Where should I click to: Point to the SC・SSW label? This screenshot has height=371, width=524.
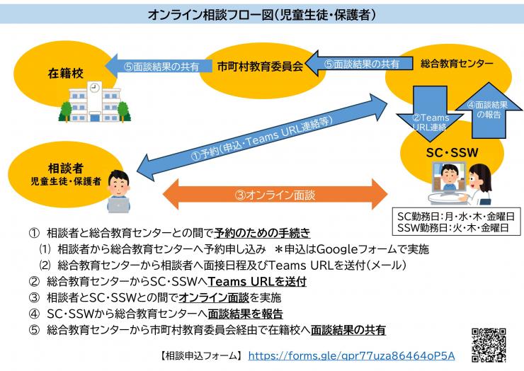(456, 150)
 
